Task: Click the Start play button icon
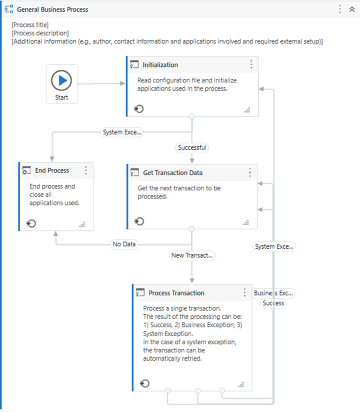coord(61,81)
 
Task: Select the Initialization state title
coord(160,65)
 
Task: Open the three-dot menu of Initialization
coord(251,65)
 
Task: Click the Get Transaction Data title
coord(172,173)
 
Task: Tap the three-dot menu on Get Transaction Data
coord(249,173)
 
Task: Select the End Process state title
coord(52,170)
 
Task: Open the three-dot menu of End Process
coord(86,170)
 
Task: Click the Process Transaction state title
coord(176,293)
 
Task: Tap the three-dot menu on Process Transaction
coord(244,293)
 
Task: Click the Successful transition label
coord(192,147)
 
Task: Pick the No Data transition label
coord(124,244)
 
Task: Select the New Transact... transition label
coord(192,255)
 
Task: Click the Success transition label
coord(273,303)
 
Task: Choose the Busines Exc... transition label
coord(274,293)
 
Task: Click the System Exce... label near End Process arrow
coord(122,132)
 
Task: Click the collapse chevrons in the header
coord(352,9)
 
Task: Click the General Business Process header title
coord(52,9)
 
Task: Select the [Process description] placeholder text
coord(40,33)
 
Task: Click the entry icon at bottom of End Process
coord(31,223)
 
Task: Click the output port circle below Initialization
coord(191,116)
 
